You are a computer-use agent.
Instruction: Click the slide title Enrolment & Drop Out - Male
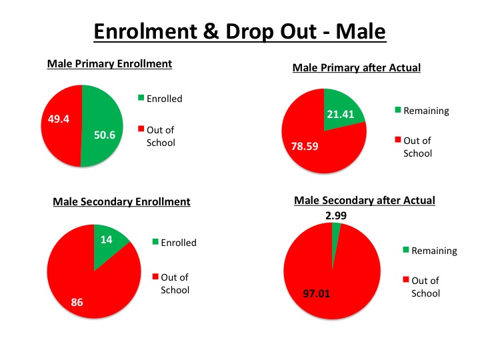[239, 31]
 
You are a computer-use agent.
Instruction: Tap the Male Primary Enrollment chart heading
[109, 64]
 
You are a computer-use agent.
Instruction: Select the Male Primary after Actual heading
[357, 67]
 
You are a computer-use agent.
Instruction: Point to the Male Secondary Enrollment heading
[121, 201]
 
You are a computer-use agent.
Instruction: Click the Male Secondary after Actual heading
[365, 200]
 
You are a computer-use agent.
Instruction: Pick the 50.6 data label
[105, 134]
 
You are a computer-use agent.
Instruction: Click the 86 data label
[77, 303]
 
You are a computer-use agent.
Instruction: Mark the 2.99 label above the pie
[335, 216]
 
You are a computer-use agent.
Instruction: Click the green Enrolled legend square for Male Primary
[141, 99]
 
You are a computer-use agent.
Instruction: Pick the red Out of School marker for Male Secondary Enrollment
[155, 277]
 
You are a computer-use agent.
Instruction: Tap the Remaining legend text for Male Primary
[427, 111]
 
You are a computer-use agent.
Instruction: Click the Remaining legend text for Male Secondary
[434, 251]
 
